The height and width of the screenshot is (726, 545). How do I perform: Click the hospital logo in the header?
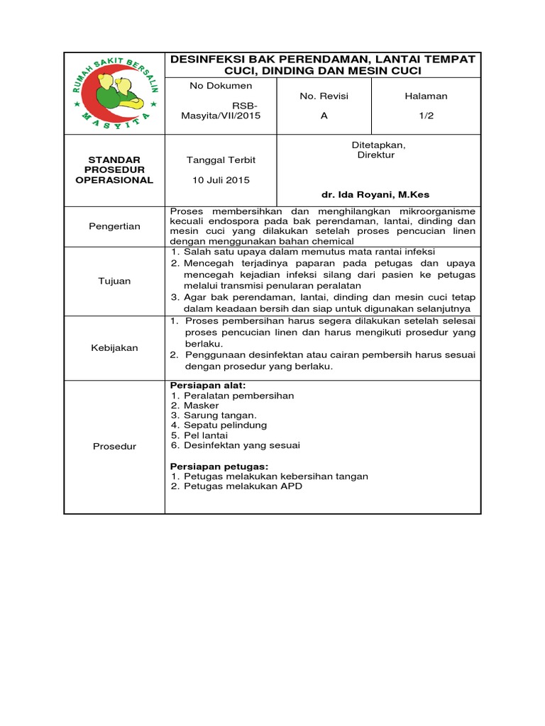point(114,92)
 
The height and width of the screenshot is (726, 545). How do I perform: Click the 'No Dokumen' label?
point(221,86)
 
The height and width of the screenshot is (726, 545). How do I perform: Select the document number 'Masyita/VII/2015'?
point(221,116)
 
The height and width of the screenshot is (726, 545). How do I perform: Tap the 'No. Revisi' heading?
point(324,96)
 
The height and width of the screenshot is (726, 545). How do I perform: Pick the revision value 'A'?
point(324,116)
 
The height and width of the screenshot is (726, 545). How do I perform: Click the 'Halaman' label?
point(426,96)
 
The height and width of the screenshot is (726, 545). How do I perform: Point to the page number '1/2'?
point(426,116)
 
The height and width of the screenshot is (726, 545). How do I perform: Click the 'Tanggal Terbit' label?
point(221,160)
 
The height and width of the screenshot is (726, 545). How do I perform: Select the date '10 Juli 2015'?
point(221,180)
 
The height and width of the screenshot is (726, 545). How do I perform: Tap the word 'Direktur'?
point(375,155)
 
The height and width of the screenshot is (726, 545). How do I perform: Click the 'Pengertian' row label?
point(114,226)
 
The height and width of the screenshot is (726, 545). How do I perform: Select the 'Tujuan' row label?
point(114,281)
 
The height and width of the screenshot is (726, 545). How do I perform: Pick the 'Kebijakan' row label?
point(114,347)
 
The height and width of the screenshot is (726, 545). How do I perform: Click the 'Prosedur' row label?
point(114,446)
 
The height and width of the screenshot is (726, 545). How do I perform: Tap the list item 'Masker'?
point(202,406)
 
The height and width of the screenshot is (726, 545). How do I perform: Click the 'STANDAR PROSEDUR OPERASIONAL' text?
point(114,170)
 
